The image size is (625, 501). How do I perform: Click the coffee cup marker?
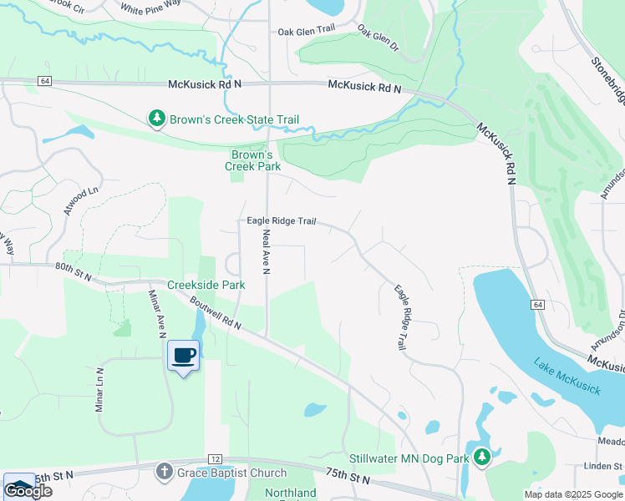point(184,357)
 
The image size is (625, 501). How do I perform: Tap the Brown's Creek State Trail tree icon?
point(156,119)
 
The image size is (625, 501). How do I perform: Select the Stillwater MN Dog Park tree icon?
point(481,457)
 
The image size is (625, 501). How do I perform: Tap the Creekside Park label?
point(206,285)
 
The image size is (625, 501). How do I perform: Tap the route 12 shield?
point(215,459)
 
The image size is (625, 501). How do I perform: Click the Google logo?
point(28,491)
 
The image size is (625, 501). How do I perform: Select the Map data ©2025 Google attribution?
point(572,494)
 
